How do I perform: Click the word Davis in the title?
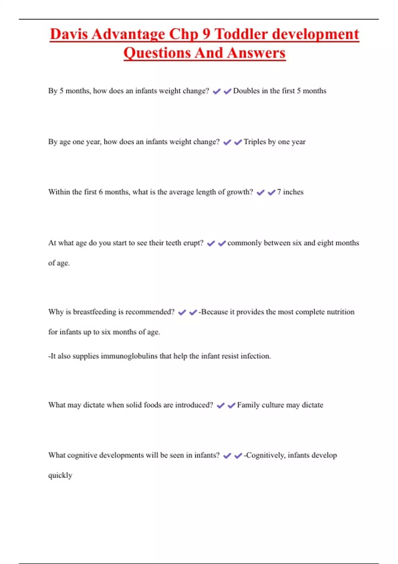point(69,34)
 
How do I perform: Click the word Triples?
point(255,142)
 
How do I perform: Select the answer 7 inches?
point(290,192)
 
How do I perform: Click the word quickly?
point(60,475)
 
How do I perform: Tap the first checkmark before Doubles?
point(217,91)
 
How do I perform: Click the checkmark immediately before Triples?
point(238,142)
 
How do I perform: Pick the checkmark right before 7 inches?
point(271,192)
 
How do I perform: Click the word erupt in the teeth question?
point(193,243)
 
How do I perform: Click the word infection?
point(255,356)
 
